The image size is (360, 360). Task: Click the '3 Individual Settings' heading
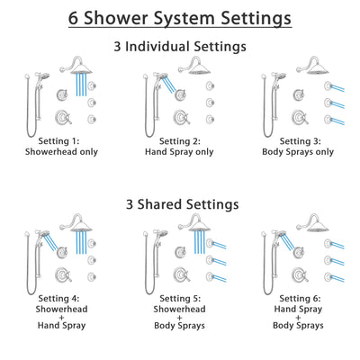180,47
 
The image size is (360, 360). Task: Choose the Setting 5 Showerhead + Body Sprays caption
180,312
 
